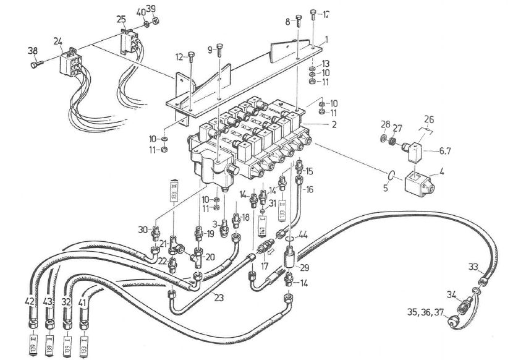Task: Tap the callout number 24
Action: click(x=57, y=41)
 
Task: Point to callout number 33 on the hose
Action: click(x=473, y=267)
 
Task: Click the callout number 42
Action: click(x=29, y=301)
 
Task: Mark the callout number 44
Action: click(x=303, y=235)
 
